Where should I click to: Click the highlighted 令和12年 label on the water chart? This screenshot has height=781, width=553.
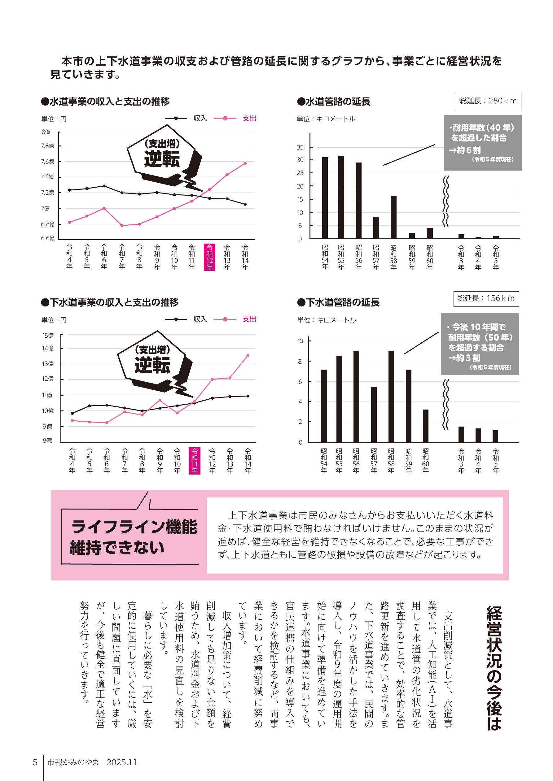[209, 257]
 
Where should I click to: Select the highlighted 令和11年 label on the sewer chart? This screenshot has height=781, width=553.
[195, 461]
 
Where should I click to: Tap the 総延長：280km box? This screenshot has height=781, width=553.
[488, 101]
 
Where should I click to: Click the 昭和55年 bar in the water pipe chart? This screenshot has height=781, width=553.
[341, 197]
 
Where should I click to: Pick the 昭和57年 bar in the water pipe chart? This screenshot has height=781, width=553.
[376, 228]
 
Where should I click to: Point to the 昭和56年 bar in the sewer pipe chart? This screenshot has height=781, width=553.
[356, 397]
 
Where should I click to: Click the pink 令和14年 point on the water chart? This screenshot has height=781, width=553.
[245, 163]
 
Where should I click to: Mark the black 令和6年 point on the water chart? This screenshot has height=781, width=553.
[104, 186]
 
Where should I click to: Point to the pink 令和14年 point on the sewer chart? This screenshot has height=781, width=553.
[248, 355]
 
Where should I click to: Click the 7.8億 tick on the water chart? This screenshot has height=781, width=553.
[47, 146]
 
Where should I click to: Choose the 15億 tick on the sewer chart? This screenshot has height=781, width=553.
[48, 336]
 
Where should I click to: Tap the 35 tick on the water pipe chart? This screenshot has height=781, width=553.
[300, 147]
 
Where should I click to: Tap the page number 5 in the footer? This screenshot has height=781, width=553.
[35, 762]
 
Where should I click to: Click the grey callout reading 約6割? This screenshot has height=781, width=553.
[482, 143]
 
